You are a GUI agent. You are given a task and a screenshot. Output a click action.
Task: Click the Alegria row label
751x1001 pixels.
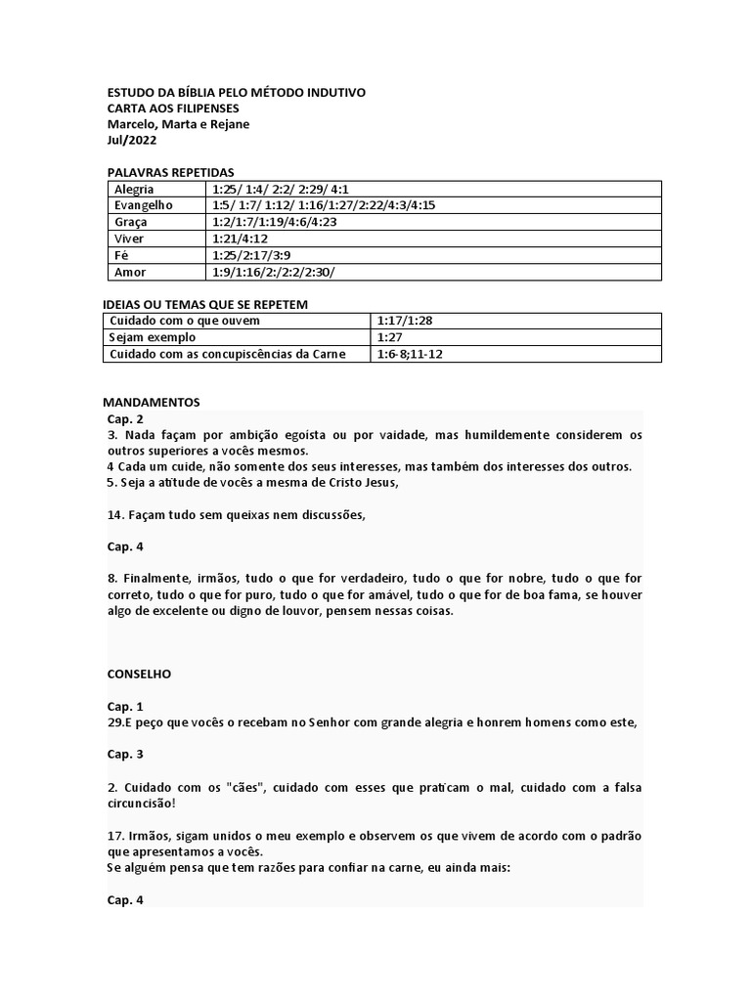(x=134, y=189)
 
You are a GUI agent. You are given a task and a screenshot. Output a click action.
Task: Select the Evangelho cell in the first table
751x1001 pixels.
(x=143, y=205)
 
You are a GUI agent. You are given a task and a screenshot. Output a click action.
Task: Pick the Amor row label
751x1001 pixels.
(x=131, y=272)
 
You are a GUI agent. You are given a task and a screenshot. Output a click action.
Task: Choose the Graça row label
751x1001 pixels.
(x=131, y=222)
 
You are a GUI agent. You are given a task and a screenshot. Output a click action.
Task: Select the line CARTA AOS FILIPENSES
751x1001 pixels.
(x=172, y=109)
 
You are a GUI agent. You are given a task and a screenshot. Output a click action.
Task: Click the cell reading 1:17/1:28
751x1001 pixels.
(x=405, y=321)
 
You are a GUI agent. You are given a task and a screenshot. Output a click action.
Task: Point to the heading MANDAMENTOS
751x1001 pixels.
(x=151, y=402)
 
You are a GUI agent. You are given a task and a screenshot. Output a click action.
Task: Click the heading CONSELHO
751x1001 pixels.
(x=139, y=674)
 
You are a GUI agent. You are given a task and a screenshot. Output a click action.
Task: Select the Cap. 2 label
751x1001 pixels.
(x=125, y=418)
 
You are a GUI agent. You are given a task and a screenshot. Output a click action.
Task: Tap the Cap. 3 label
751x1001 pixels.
(x=125, y=754)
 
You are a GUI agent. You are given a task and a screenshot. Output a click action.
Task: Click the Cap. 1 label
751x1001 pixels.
(x=125, y=706)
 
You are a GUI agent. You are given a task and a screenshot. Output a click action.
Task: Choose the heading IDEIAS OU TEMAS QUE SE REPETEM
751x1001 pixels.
(x=205, y=304)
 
